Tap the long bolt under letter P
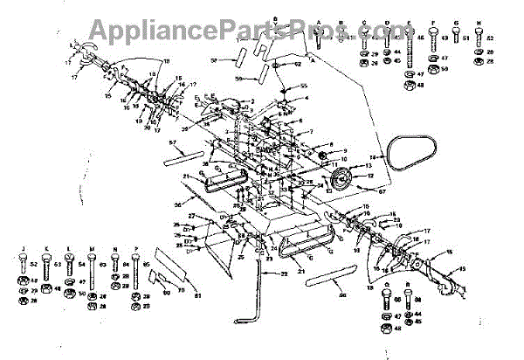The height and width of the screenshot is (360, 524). (x=135, y=267)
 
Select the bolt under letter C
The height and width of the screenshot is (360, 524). (x=363, y=40)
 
